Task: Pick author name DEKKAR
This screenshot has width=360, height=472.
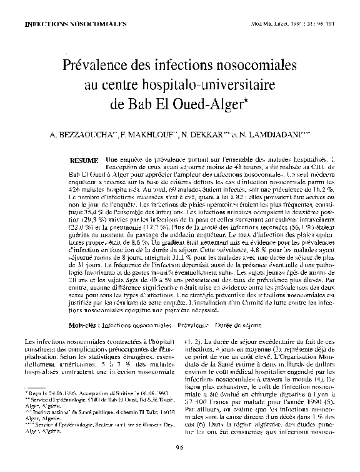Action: click(x=200, y=134)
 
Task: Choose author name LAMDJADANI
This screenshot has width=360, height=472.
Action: click(x=272, y=134)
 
